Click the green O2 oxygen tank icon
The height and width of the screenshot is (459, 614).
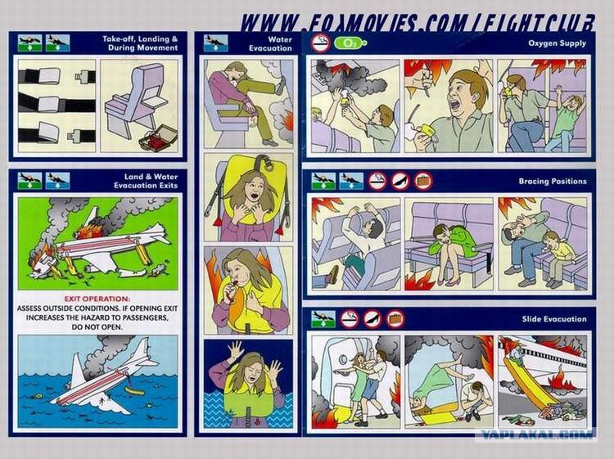click(350, 43)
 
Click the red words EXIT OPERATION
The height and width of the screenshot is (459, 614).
click(97, 299)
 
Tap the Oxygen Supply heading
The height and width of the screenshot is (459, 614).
click(558, 43)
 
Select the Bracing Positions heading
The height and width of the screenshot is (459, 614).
click(553, 181)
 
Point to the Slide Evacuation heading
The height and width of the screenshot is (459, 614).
click(554, 319)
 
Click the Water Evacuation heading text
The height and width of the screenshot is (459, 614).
click(271, 44)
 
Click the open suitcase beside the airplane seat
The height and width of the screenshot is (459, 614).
click(158, 137)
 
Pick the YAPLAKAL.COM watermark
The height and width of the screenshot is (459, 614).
click(536, 434)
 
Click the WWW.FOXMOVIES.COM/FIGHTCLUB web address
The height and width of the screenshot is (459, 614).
click(418, 23)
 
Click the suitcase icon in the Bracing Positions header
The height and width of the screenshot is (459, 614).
click(423, 181)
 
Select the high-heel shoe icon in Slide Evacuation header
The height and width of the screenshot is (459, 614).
click(372, 319)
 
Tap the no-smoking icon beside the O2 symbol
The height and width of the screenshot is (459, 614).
click(321, 43)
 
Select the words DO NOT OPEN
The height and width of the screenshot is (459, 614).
click(97, 327)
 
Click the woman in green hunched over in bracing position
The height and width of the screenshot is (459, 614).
click(451, 250)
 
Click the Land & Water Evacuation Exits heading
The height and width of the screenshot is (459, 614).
click(145, 181)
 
